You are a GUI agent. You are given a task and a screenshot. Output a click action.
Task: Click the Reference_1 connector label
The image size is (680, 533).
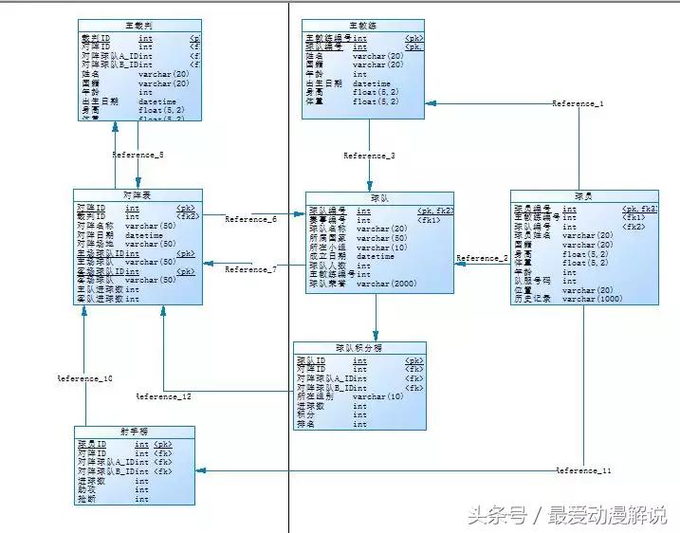(578, 103)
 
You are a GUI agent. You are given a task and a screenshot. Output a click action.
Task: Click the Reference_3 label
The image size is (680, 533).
(369, 156)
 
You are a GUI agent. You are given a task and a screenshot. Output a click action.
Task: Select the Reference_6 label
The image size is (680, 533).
(250, 219)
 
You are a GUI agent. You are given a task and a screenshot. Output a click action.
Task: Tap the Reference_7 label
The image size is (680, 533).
(250, 269)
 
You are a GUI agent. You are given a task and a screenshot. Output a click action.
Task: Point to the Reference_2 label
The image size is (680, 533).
(482, 258)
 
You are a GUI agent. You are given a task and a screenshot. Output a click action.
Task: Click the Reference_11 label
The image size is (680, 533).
(583, 470)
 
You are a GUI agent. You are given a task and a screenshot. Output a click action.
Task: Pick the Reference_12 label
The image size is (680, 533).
(163, 396)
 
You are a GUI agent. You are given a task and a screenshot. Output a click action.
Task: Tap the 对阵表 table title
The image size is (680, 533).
(138, 194)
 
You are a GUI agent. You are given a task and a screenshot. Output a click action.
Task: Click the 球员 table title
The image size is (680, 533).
(583, 195)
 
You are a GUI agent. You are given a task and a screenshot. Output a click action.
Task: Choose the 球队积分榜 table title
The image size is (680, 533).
(359, 348)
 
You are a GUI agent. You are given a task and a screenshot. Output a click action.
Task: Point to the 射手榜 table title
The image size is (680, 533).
(136, 432)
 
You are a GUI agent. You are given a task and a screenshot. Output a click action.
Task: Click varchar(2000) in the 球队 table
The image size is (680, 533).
(387, 283)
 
